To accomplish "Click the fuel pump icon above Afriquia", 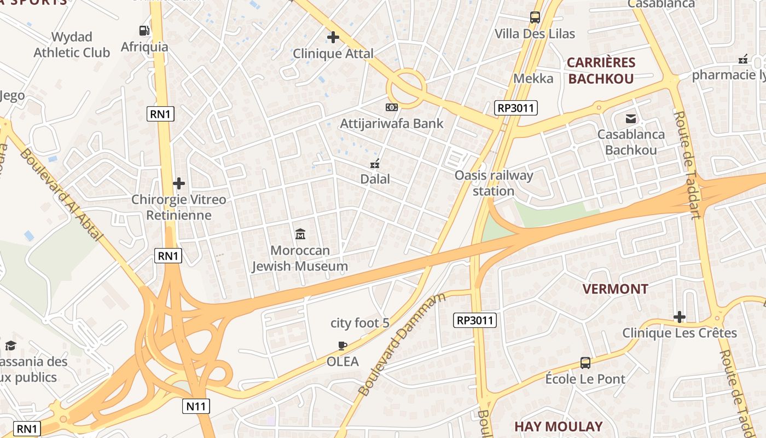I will pos(144,31).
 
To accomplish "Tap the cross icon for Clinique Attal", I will pos(333,37).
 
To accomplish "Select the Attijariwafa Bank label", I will pos(392,123).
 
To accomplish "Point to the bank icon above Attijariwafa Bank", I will pos(392,107).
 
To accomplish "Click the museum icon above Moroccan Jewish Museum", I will pos(300,234).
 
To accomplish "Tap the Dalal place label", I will pos(375,179).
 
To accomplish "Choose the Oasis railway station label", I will pos(494,183).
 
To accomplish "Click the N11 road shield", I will pos(196,406).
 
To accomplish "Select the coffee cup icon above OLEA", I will pos(343,345).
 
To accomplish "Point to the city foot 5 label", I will pos(360,323).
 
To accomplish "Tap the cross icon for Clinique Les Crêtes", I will pos(680,317).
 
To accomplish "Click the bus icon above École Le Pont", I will pos(585,362).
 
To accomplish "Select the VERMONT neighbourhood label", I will pos(615,289).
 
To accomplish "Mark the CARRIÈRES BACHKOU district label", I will pos(601,71).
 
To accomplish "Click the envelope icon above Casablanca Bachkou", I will pos(631,118).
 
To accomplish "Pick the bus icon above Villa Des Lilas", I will pos(535,18).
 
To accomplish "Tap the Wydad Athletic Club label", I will pos(72,45).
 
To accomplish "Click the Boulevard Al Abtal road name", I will pos(61,194).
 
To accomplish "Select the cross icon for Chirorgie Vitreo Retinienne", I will pos(178,183).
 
